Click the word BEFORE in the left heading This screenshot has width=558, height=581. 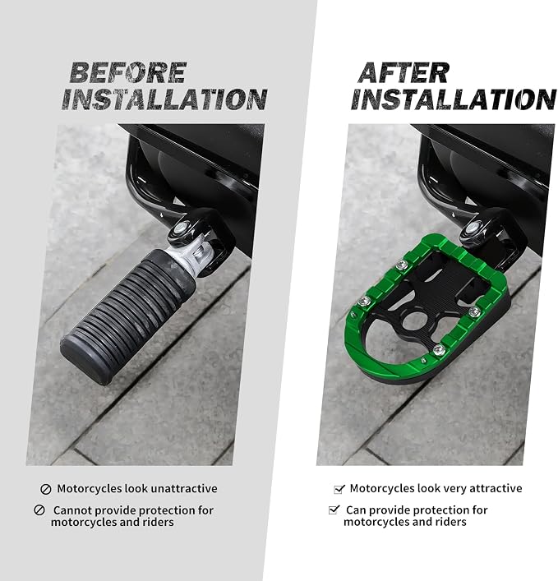point(128,72)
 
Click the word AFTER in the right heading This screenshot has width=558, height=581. point(404,72)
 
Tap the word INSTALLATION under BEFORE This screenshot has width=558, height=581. point(164,99)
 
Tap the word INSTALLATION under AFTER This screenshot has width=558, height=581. point(454,99)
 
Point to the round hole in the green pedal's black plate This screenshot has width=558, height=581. point(415,320)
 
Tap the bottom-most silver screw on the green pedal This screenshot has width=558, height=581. point(439,349)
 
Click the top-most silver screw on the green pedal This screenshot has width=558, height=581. point(401,265)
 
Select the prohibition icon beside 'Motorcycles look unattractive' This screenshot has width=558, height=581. point(45,489)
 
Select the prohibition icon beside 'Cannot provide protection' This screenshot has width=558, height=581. point(39,510)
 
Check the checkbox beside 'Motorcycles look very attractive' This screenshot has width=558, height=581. point(339,489)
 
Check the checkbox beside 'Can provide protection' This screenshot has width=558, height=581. point(334,510)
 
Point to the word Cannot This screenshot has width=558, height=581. point(72,510)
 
